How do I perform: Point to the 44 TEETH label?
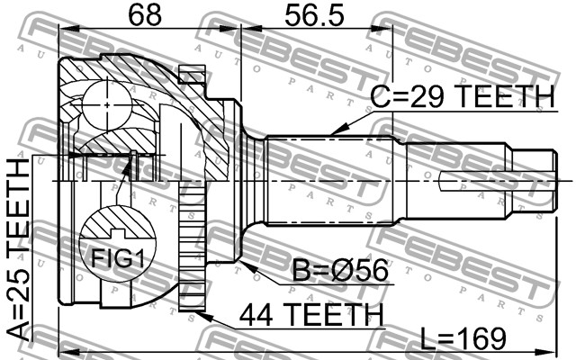point(311,315)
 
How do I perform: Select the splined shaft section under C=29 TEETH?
point(333,180)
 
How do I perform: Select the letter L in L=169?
point(428,339)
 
